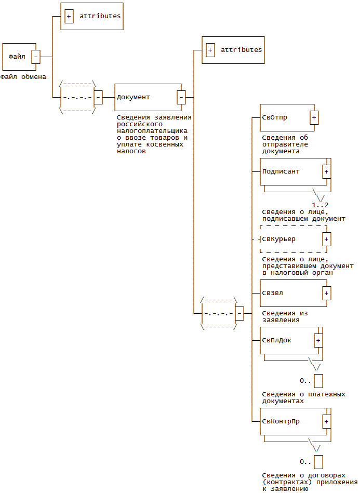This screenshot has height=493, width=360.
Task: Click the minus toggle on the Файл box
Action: tap(35, 56)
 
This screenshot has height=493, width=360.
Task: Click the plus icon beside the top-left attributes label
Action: tap(69, 16)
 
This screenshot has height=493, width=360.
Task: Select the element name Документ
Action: tap(133, 97)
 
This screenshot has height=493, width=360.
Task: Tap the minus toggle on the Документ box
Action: tap(181, 97)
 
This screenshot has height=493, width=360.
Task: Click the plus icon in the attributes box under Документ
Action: tap(210, 50)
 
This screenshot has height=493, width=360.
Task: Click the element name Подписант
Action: tap(281, 171)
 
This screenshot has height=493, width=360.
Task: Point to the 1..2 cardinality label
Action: tap(320, 205)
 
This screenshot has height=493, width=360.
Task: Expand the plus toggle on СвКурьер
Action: tap(326, 239)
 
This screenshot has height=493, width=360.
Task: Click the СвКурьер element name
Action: tap(279, 239)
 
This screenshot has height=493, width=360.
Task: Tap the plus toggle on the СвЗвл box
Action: tap(326, 293)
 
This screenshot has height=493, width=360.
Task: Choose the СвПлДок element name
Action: tap(277, 340)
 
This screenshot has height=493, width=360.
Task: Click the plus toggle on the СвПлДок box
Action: tap(318, 340)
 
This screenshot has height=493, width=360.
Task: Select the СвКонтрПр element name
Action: tap(281, 421)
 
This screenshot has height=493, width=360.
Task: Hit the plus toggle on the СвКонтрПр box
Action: tap(326, 421)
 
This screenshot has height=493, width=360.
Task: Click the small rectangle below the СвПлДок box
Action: tap(318, 381)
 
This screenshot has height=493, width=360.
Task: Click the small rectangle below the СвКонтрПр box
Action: tap(318, 462)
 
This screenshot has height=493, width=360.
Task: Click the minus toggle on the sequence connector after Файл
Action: tap(98, 97)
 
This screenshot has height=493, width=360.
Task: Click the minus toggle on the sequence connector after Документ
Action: tap(239, 313)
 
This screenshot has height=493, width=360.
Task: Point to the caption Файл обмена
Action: tap(23, 77)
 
